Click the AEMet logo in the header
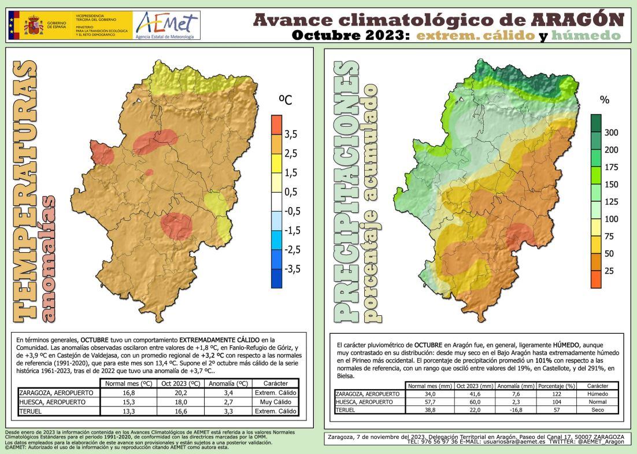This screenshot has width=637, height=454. coord(166,25)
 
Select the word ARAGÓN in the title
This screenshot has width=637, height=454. coord(577,20)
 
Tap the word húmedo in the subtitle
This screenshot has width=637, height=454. coord(586,35)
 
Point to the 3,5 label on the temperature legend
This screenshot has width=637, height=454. coord(291,134)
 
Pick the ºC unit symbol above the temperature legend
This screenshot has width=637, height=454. coord(286,100)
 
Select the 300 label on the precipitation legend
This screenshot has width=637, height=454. coord(611,132)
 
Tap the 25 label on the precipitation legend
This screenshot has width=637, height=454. coord(609,271)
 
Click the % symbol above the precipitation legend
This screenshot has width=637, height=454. coord(605,99)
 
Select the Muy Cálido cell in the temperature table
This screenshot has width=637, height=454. coord(275,402)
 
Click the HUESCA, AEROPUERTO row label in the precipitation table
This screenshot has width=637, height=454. coord(362,401)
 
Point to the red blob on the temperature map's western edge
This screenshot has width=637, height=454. coord(102,154)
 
